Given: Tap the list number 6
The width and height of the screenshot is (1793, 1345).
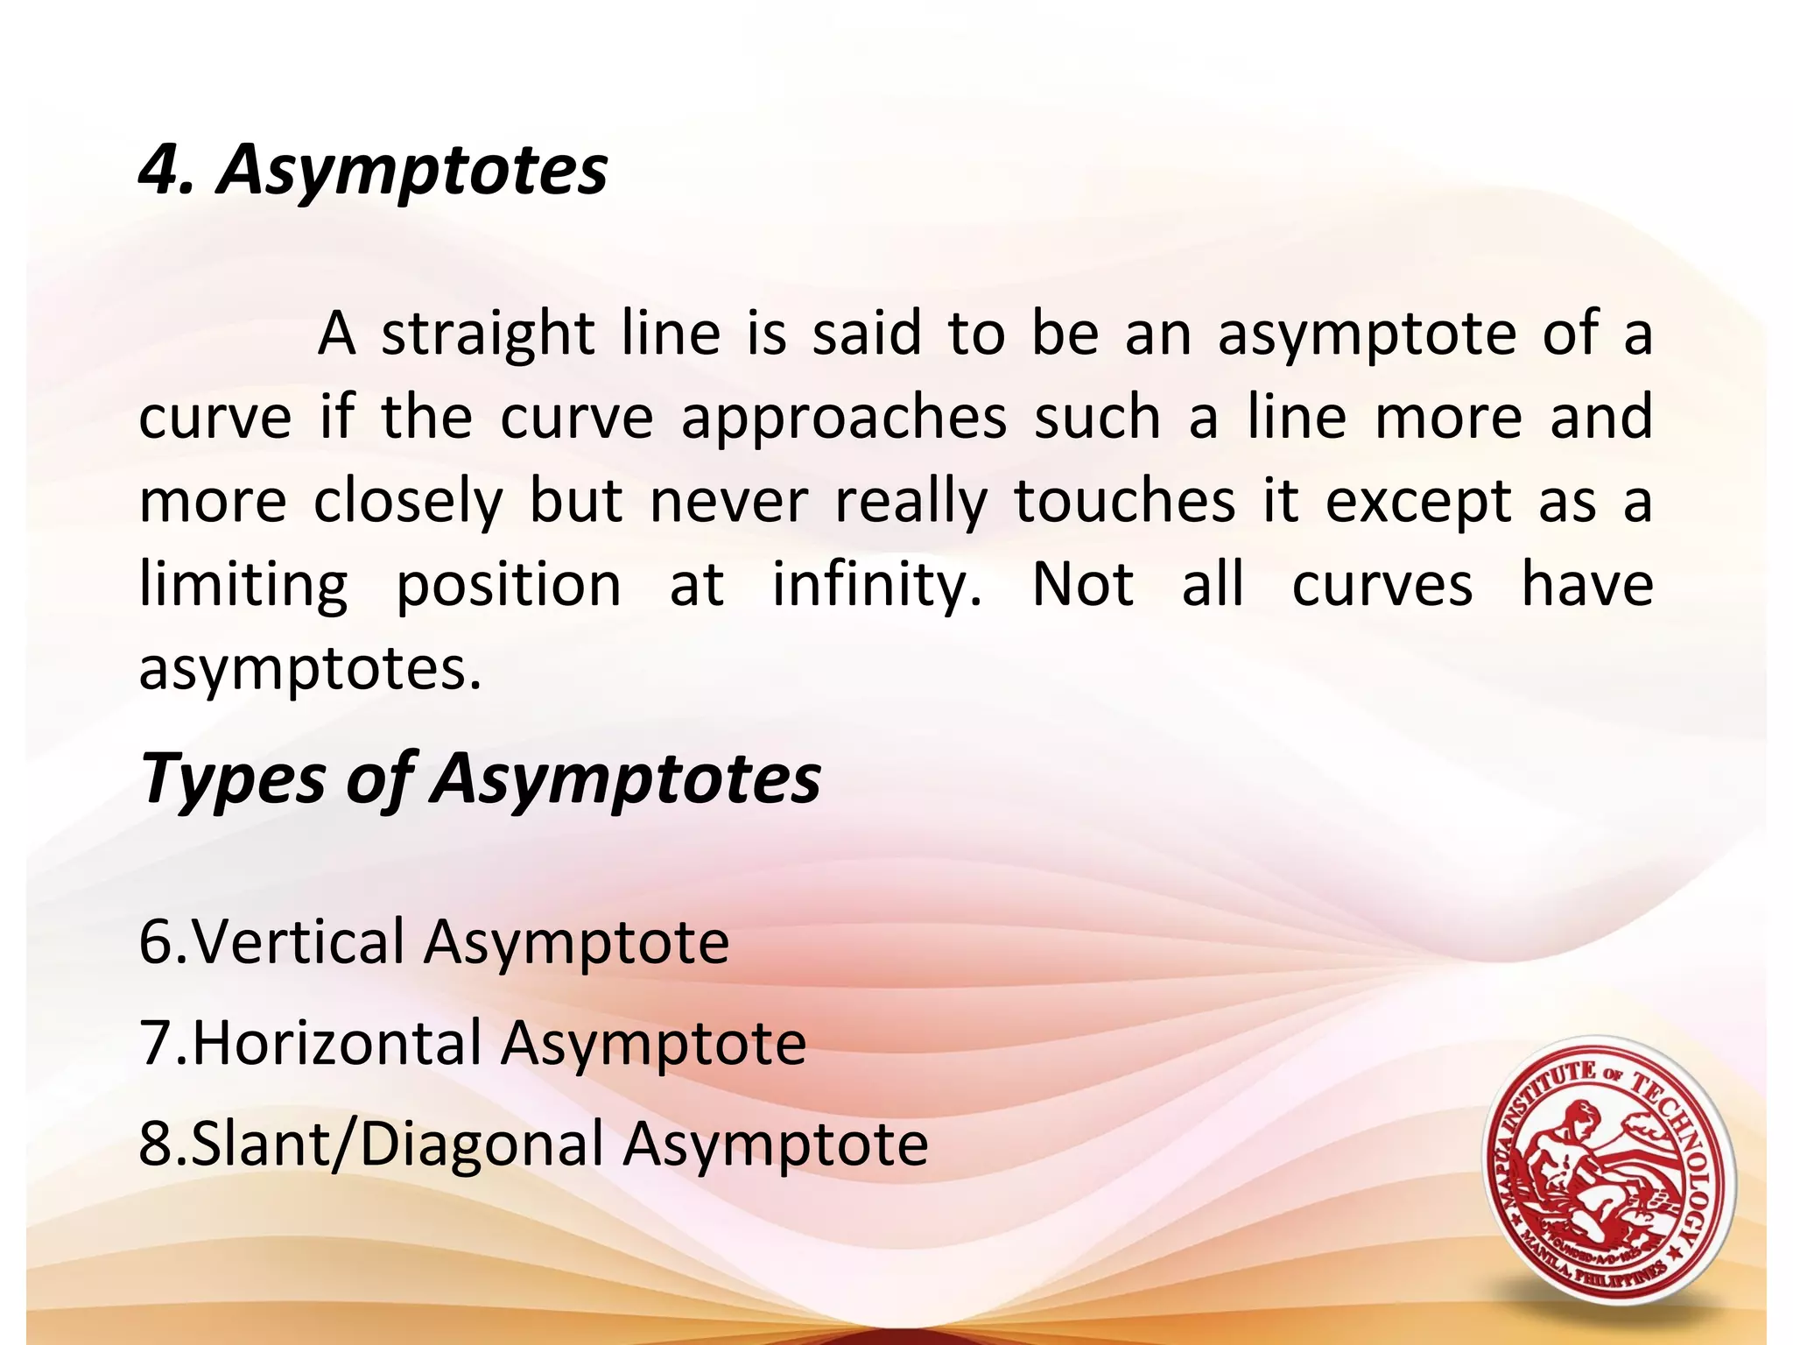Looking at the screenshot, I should coord(156,942).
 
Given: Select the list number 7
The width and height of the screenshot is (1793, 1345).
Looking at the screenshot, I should coord(156,1044).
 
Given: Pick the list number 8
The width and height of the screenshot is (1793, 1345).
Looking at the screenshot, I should coord(156,1144).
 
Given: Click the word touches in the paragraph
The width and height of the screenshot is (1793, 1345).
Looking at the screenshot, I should coord(1125,501).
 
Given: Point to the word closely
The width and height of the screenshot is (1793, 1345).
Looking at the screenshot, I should coord(408,503).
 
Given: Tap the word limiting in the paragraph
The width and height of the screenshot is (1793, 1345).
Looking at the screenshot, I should coord(243,585).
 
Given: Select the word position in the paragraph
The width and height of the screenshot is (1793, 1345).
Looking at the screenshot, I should coord(509,585).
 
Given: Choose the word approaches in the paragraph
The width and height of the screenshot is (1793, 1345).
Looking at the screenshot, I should coord(844,419).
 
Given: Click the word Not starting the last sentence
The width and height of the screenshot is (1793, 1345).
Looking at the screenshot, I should coord(1083,585).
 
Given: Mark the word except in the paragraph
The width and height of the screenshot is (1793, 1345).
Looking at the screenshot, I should coord(1418,503).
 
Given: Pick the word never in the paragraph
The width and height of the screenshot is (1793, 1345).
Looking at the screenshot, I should coord(729,503).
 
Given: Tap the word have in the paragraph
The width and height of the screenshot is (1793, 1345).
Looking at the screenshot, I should coord(1586,585).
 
